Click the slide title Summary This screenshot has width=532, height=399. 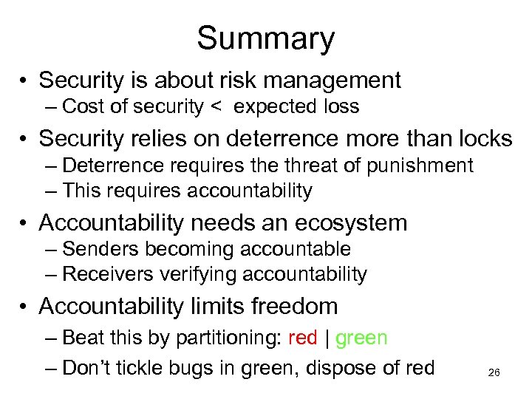(x=265, y=38)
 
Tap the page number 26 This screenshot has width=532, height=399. (x=494, y=373)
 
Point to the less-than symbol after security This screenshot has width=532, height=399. (x=216, y=107)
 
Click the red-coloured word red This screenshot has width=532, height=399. (x=302, y=338)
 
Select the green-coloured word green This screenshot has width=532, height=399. (x=361, y=338)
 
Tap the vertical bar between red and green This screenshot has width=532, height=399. (x=327, y=338)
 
